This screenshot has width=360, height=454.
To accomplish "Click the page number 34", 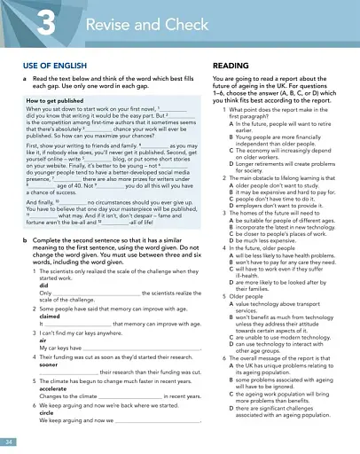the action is click(x=9, y=441).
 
